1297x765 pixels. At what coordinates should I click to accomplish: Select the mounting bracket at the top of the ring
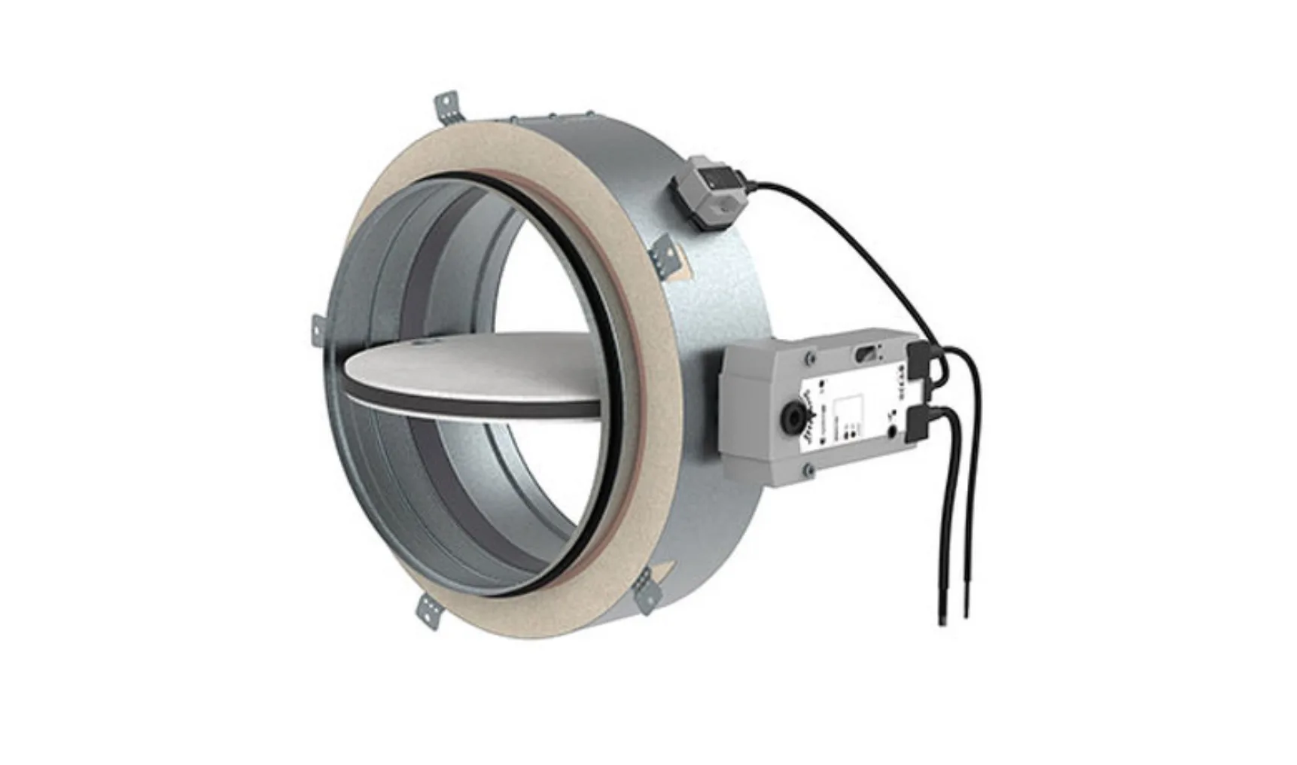pyautogui.click(x=446, y=107)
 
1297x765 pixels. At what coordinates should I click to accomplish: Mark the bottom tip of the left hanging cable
pyautogui.click(x=942, y=620)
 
